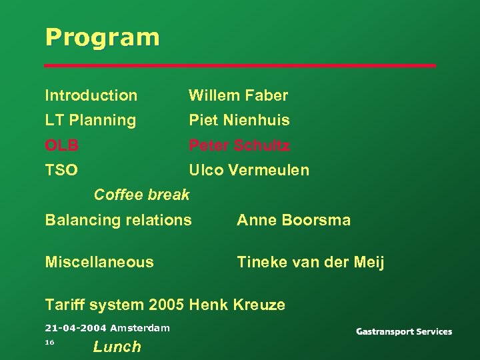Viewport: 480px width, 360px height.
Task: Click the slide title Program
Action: point(103,37)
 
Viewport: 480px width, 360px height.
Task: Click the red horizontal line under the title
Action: point(240,66)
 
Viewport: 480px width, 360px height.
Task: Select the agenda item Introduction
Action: point(91,95)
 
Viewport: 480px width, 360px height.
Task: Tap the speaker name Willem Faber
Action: point(238,95)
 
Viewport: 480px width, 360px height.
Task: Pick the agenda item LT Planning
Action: point(91,121)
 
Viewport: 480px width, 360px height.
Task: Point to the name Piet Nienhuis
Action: point(239,121)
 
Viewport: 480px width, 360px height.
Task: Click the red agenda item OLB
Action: point(62,145)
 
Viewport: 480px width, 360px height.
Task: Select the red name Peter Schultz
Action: point(239,145)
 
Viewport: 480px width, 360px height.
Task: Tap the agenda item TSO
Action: point(61,170)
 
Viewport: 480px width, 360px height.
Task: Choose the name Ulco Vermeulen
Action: point(249,170)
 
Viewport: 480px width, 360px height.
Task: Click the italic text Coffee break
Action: point(142,195)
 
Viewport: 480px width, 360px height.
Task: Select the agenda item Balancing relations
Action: point(118,220)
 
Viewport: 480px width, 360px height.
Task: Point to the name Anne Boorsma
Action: point(293,220)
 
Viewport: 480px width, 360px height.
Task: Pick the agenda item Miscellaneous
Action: point(99,262)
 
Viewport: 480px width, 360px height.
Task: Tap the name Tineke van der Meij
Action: point(311,262)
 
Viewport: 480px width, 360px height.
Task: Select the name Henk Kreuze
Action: point(237,305)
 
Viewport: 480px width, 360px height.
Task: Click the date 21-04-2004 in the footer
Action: point(75,328)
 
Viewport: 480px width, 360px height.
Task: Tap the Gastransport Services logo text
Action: point(404,331)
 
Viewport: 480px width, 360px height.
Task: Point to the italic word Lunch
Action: point(117,347)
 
